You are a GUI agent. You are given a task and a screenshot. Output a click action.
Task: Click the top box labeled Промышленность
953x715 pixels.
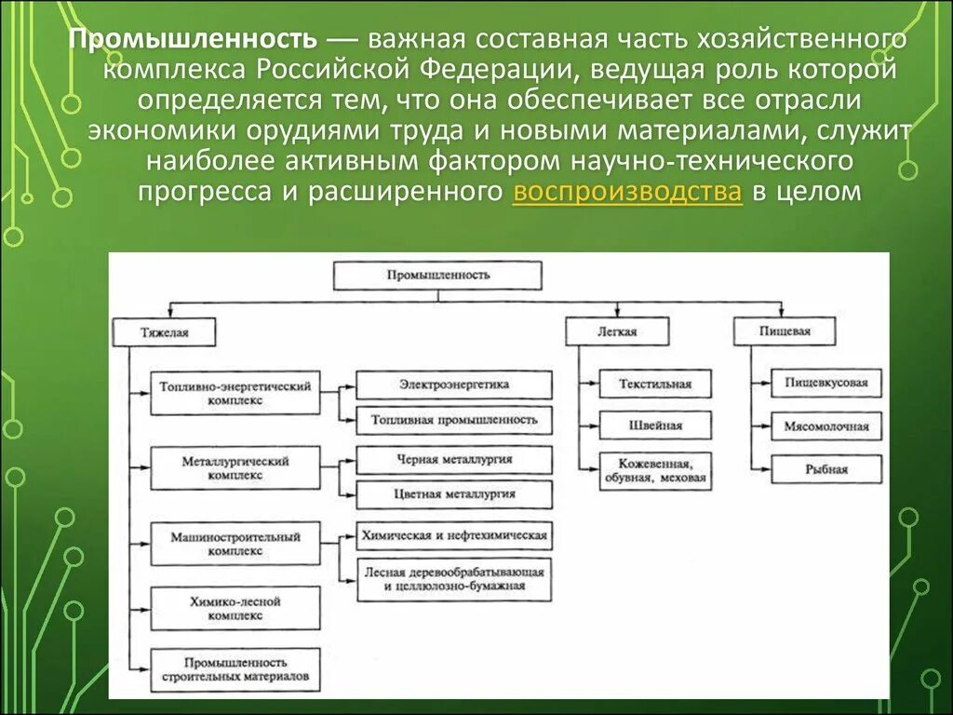coord(437,276)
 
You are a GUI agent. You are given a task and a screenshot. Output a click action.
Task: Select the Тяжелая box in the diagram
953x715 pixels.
coord(165,332)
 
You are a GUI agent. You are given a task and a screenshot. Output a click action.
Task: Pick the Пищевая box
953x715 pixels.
coord(785,331)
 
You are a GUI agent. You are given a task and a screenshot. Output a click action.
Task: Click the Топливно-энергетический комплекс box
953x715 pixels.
coord(235,392)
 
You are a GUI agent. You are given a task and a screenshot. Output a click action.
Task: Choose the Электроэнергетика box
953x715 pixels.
coord(454,384)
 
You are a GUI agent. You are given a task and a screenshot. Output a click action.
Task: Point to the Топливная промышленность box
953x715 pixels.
coord(454,420)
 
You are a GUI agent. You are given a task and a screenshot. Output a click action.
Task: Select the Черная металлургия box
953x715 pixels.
coord(454,460)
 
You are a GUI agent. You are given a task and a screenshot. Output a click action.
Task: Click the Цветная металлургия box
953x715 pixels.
coord(454,493)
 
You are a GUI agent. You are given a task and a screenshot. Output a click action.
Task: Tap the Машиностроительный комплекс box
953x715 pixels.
coord(235,544)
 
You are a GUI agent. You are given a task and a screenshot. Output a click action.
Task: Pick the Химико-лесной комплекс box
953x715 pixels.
coord(235,609)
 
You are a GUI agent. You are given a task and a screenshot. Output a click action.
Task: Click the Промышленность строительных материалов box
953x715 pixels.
coord(235,670)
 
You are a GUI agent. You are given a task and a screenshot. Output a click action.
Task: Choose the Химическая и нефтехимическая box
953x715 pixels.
coord(454,536)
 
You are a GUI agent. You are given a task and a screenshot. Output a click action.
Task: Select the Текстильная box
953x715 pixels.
coord(655,384)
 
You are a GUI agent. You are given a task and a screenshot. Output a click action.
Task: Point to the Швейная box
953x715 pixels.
coord(655,425)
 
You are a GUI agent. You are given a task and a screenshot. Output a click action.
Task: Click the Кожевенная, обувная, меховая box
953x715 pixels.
coord(655,472)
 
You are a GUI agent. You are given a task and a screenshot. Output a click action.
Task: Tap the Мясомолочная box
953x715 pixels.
coord(826,427)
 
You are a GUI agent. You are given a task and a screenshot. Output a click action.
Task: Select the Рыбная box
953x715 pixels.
coord(826,469)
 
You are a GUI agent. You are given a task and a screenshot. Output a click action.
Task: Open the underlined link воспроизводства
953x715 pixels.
coord(627,192)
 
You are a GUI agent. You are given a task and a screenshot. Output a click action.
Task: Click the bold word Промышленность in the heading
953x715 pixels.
coord(193,41)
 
